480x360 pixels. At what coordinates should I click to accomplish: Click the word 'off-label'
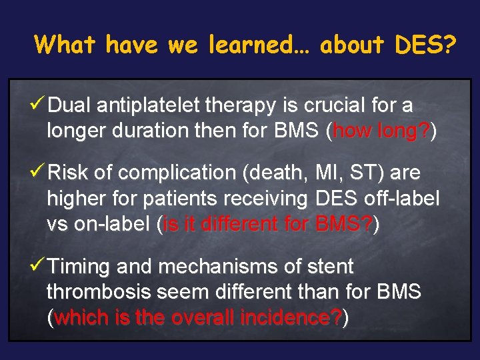(x=405, y=199)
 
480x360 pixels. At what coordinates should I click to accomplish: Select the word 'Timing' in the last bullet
(x=79, y=267)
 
